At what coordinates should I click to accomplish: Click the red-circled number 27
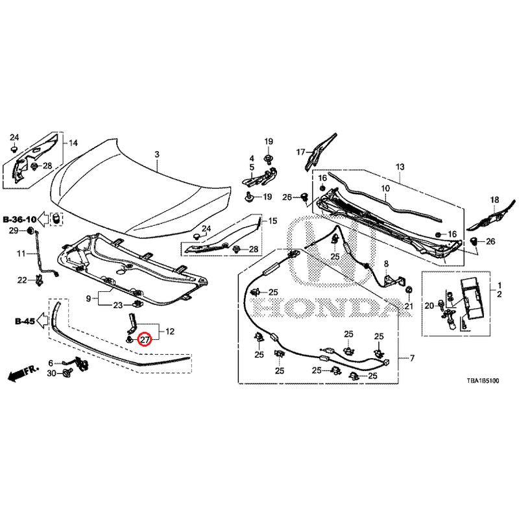click(x=145, y=339)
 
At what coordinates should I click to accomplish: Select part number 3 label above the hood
click(x=156, y=154)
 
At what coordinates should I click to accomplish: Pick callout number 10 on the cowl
click(x=385, y=189)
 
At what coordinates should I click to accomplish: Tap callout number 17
click(x=300, y=152)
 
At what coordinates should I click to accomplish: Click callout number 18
click(x=494, y=199)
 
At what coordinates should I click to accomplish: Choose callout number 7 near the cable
click(x=411, y=358)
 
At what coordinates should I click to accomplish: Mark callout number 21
click(x=408, y=306)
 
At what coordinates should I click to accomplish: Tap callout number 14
click(x=73, y=143)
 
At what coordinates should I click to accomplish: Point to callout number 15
click(x=272, y=221)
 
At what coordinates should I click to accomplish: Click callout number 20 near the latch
click(x=429, y=306)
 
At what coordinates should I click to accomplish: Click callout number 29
click(x=12, y=231)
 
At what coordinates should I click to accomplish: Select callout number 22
click(x=21, y=280)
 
